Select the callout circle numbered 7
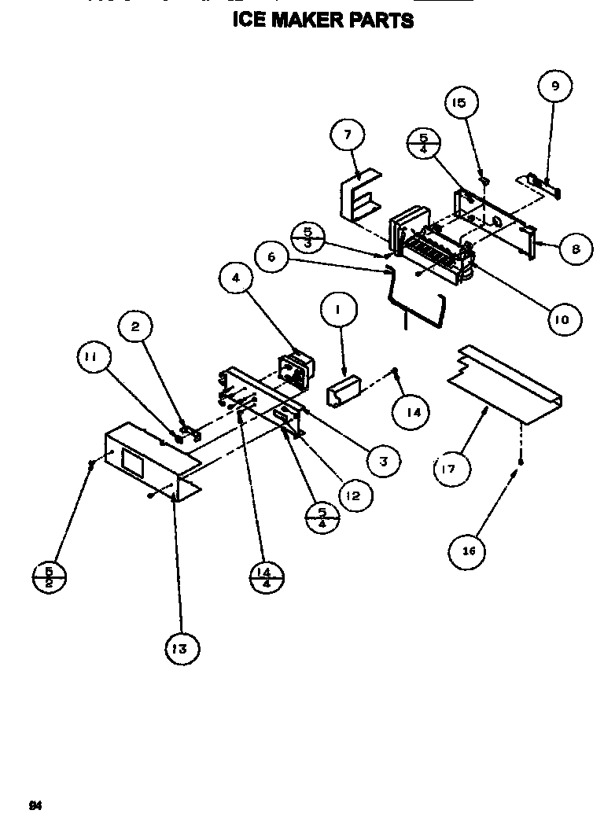[348, 135]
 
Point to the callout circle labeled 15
[460, 103]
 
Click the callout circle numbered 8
[577, 249]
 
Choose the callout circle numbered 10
[565, 319]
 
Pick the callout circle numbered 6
[272, 256]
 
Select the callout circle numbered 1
[337, 310]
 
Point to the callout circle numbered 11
[93, 358]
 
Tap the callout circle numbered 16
[468, 551]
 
